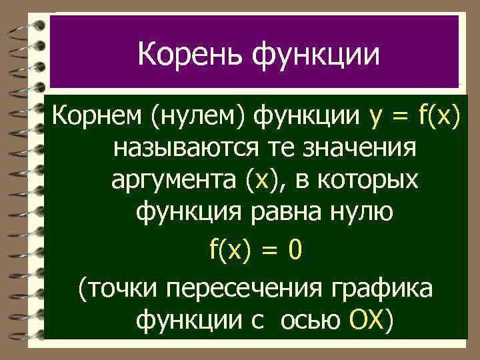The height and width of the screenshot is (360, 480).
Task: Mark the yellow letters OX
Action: [x=367, y=321]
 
